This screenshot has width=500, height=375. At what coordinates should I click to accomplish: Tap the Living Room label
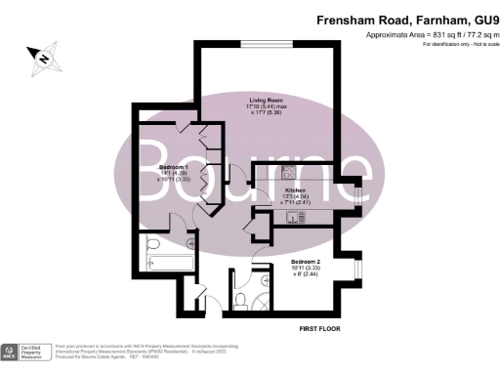tap(266, 100)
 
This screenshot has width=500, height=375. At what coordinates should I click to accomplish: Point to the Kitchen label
tap(296, 189)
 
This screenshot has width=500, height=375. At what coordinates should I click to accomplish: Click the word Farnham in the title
tap(423, 19)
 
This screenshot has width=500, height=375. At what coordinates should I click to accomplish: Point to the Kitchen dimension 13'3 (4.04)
tap(296, 196)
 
